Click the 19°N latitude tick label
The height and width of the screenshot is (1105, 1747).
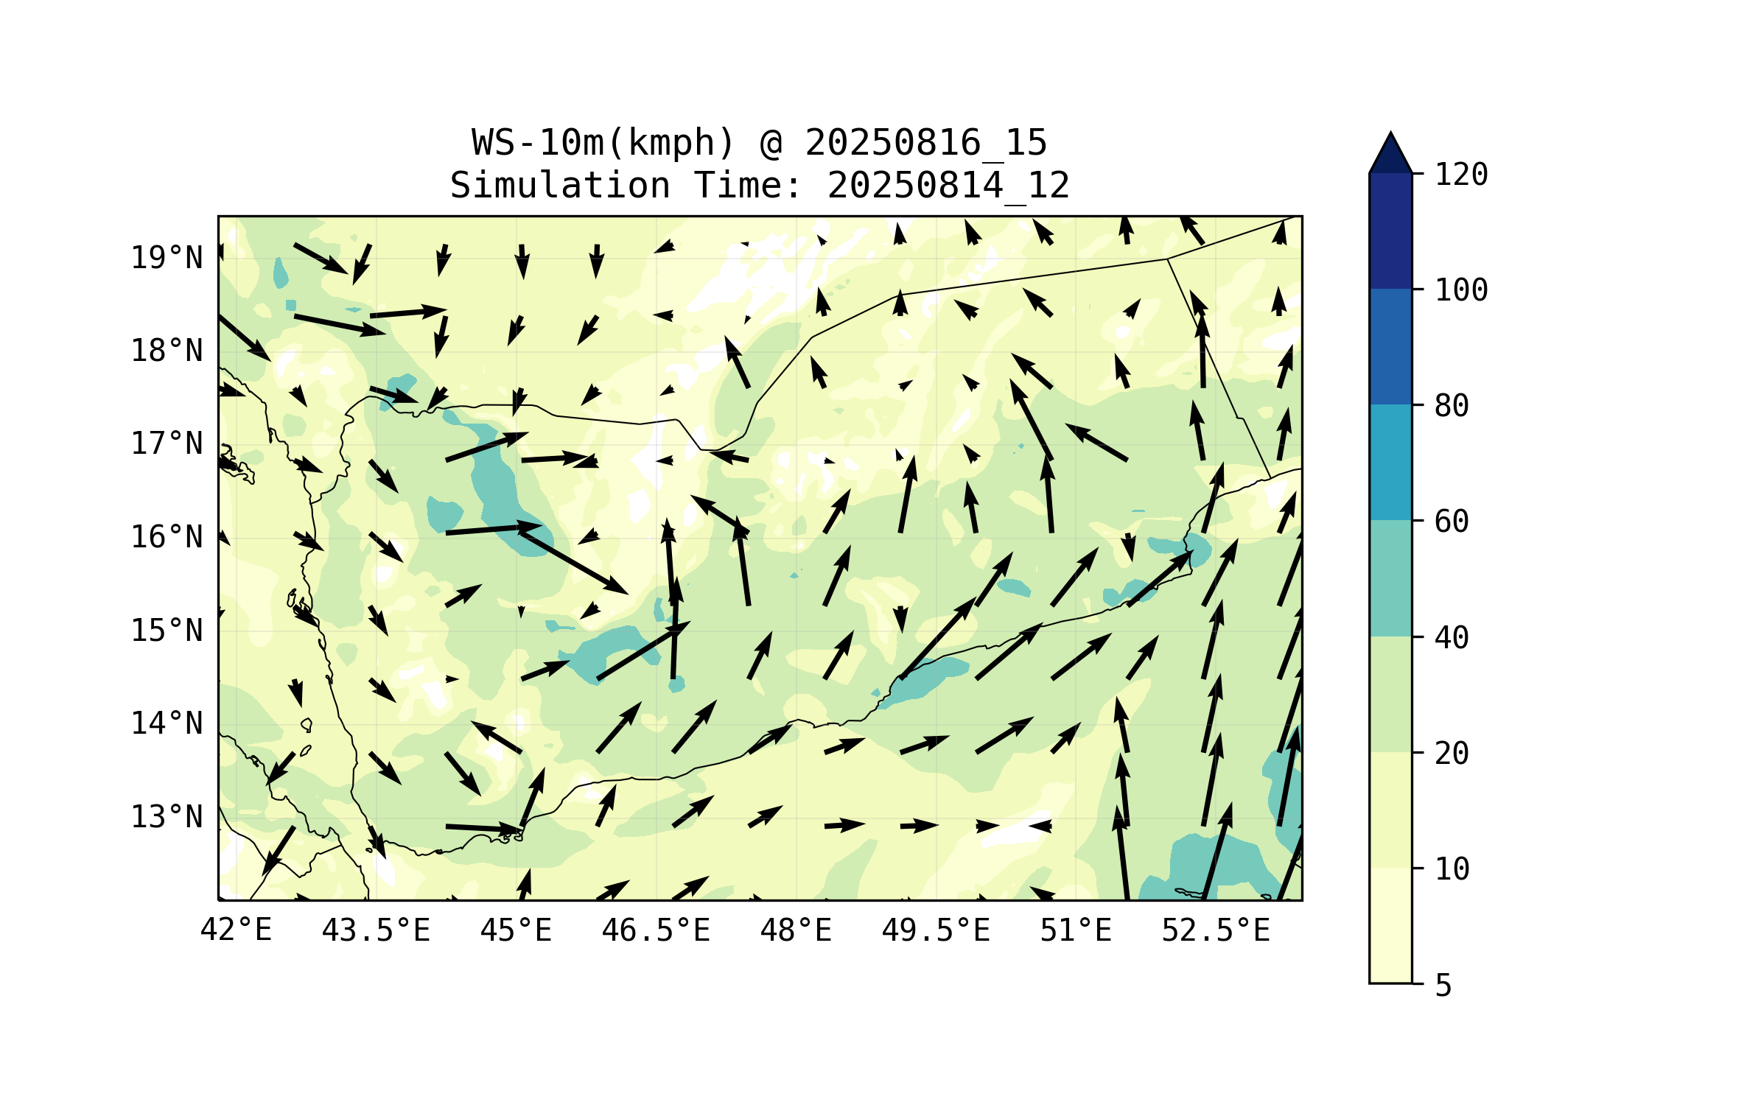tap(167, 258)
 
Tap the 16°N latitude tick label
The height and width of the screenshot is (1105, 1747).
tap(167, 537)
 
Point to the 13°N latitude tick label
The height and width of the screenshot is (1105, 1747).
tap(167, 817)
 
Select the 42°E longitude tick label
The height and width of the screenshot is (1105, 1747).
tap(236, 930)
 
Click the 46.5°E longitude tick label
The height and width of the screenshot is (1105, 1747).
tap(656, 930)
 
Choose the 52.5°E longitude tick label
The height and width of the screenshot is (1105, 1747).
tap(1216, 930)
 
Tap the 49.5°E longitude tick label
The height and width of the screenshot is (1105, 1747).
tap(936, 930)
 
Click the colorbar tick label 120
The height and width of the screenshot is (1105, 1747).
tap(1461, 175)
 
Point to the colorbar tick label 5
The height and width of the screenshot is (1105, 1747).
tap(1443, 986)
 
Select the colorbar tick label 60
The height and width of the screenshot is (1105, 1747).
tap(1452, 522)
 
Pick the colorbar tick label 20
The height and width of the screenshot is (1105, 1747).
tap(1452, 753)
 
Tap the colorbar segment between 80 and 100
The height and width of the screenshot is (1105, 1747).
tap(1390, 346)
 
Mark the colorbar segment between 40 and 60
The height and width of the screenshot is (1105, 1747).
tap(1390, 578)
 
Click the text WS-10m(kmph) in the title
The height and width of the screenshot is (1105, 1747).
tap(603, 143)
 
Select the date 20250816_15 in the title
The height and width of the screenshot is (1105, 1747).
tap(925, 143)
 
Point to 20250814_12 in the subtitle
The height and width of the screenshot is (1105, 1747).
tap(948, 186)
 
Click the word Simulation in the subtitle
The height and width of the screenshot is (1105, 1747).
tap(560, 186)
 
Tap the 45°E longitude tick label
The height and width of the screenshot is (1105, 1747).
tap(516, 930)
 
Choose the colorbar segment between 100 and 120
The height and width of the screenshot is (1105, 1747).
tap(1390, 231)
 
